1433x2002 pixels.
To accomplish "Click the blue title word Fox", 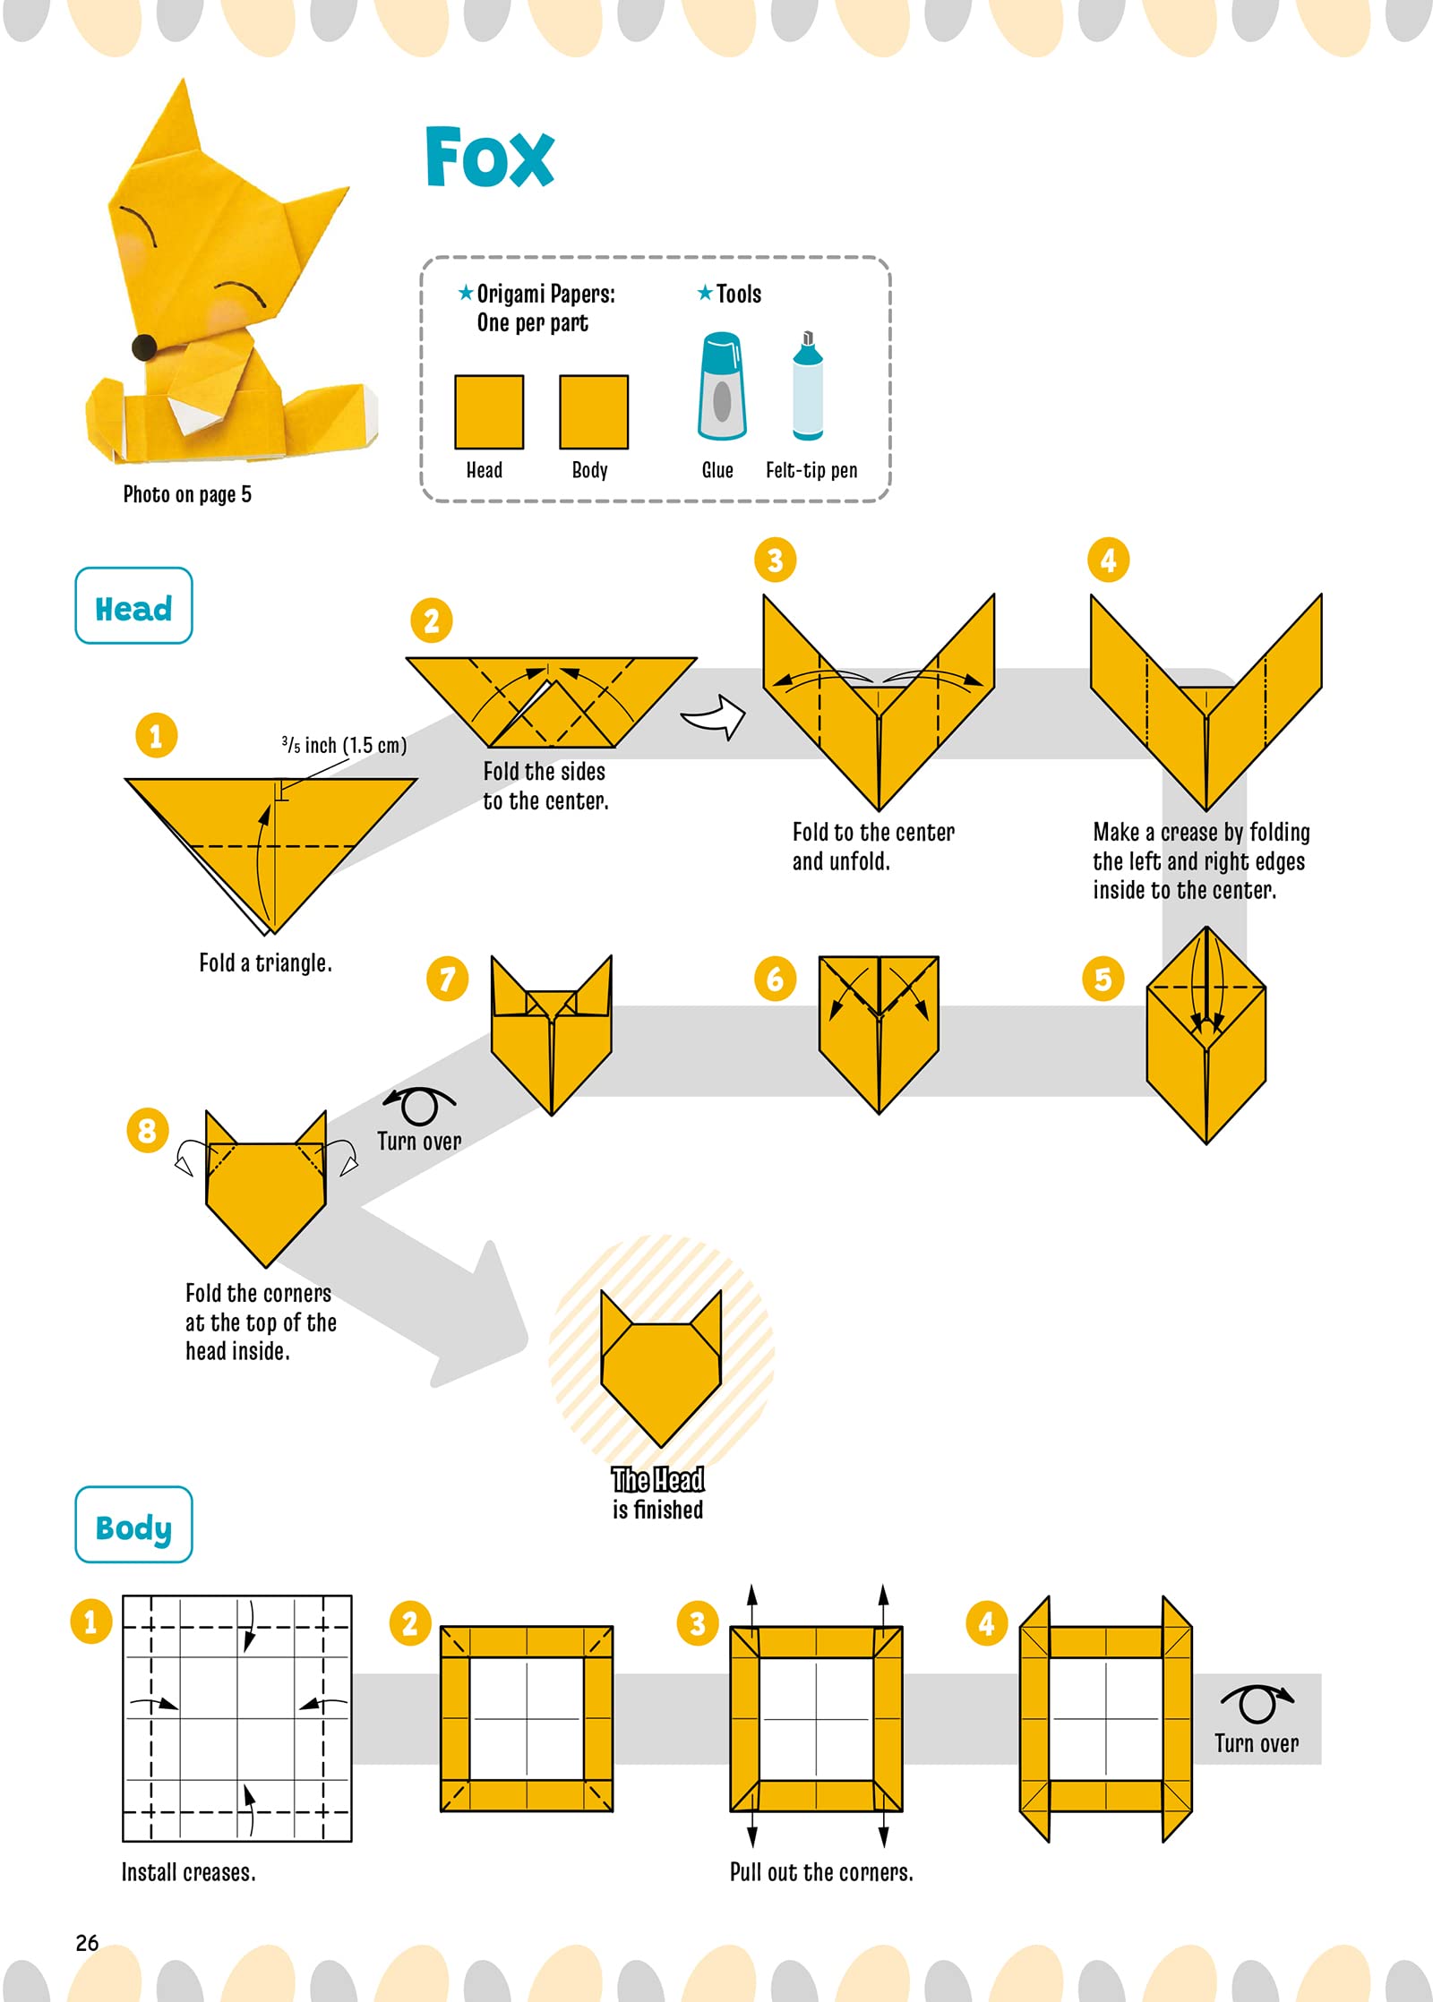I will coord(489,158).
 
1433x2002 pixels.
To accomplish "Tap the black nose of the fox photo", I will coord(144,347).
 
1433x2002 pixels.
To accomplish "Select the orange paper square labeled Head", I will coord(488,412).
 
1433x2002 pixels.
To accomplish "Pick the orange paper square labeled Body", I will coord(593,412).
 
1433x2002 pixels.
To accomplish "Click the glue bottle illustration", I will coord(722,386).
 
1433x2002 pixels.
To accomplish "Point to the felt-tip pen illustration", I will coord(807,386).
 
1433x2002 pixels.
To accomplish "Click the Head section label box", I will coord(133,606).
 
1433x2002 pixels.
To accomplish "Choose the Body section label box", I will coord(133,1525).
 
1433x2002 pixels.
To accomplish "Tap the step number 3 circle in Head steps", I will coord(775,560).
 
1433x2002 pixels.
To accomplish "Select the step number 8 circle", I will coord(148,1131).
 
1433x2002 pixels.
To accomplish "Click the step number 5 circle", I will coord(1103,979).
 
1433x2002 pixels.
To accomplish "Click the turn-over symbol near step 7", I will coord(418,1105).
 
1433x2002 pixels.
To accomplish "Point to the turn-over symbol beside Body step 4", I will coord(1257,1702).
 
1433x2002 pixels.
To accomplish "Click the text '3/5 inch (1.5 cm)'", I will coord(344,745).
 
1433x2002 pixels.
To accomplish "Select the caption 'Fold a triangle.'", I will coord(265,963).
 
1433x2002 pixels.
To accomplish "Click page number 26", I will coord(87,1942).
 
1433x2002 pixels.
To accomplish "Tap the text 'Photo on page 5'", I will coord(187,494).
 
